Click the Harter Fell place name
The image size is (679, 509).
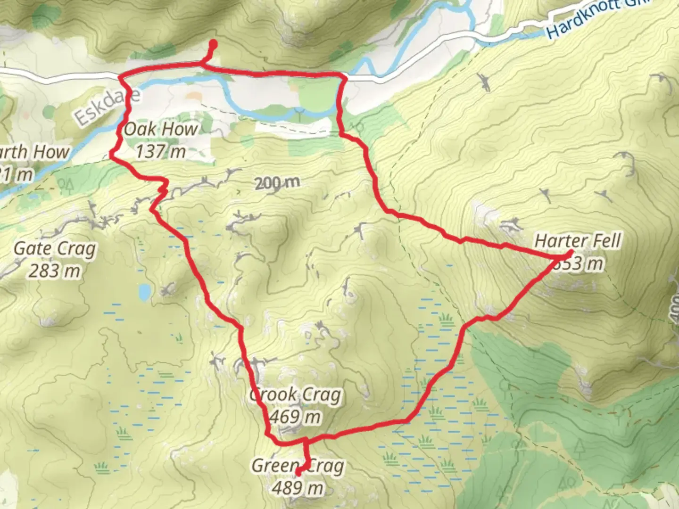[578, 241]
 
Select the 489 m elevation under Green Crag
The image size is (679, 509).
[298, 488]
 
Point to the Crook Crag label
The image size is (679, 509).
[296, 394]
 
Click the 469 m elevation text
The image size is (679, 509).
[296, 417]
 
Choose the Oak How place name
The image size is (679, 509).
[161, 129]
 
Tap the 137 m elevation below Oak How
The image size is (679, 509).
[161, 152]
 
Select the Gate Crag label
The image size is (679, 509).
[55, 248]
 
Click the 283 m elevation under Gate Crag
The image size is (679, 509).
[55, 271]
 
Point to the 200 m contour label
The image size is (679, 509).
[277, 182]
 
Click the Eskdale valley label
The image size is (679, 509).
[108, 108]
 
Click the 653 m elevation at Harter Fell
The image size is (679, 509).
[579, 263]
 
